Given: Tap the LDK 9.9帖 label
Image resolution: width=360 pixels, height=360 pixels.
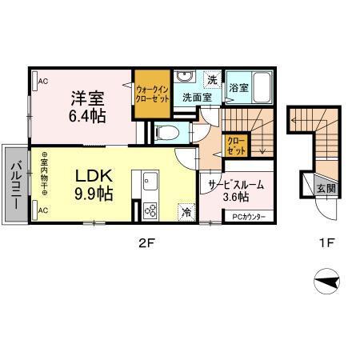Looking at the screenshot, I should tap(94, 184).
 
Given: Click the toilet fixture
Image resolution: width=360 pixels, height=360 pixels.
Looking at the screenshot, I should tap(166, 132).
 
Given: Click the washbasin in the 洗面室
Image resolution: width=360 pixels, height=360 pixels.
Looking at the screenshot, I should tap(185, 78).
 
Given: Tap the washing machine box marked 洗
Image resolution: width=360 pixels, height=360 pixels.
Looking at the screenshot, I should tap(212, 78).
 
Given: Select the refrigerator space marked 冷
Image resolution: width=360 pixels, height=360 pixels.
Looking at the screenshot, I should tap(186, 213).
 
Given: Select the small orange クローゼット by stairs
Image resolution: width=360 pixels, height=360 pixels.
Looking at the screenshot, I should tap(237, 146).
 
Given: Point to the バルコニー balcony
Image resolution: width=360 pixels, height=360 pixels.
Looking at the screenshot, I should tap(15, 182).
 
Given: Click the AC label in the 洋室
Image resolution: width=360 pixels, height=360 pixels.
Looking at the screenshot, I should tap(42, 80).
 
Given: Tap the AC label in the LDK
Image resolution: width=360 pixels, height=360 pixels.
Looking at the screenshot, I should tap(42, 210).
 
